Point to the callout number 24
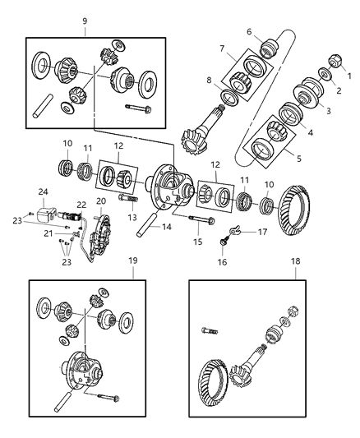coord(43,191)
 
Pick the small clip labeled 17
coord(236,233)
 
